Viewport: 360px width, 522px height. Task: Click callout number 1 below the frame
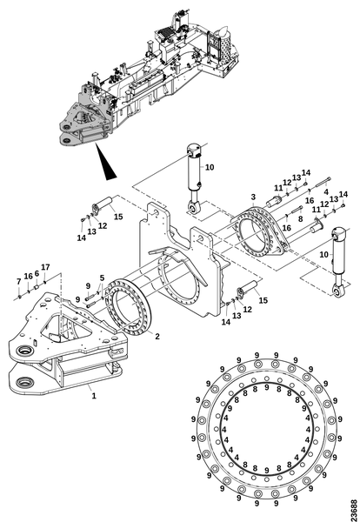tap(94, 396)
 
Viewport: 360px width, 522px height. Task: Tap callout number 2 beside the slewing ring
tap(157, 336)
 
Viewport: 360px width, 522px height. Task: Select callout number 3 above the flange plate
tap(253, 197)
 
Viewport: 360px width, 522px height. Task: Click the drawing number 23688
tap(353, 510)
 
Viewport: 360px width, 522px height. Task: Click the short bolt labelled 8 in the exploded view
tap(297, 210)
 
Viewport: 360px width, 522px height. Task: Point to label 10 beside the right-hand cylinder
tap(323, 255)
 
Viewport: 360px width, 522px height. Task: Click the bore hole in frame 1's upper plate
tap(25, 351)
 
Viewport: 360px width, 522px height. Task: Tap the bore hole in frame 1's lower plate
tap(24, 381)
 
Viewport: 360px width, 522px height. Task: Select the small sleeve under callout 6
tap(37, 286)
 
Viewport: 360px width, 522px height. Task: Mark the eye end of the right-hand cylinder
tap(339, 291)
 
